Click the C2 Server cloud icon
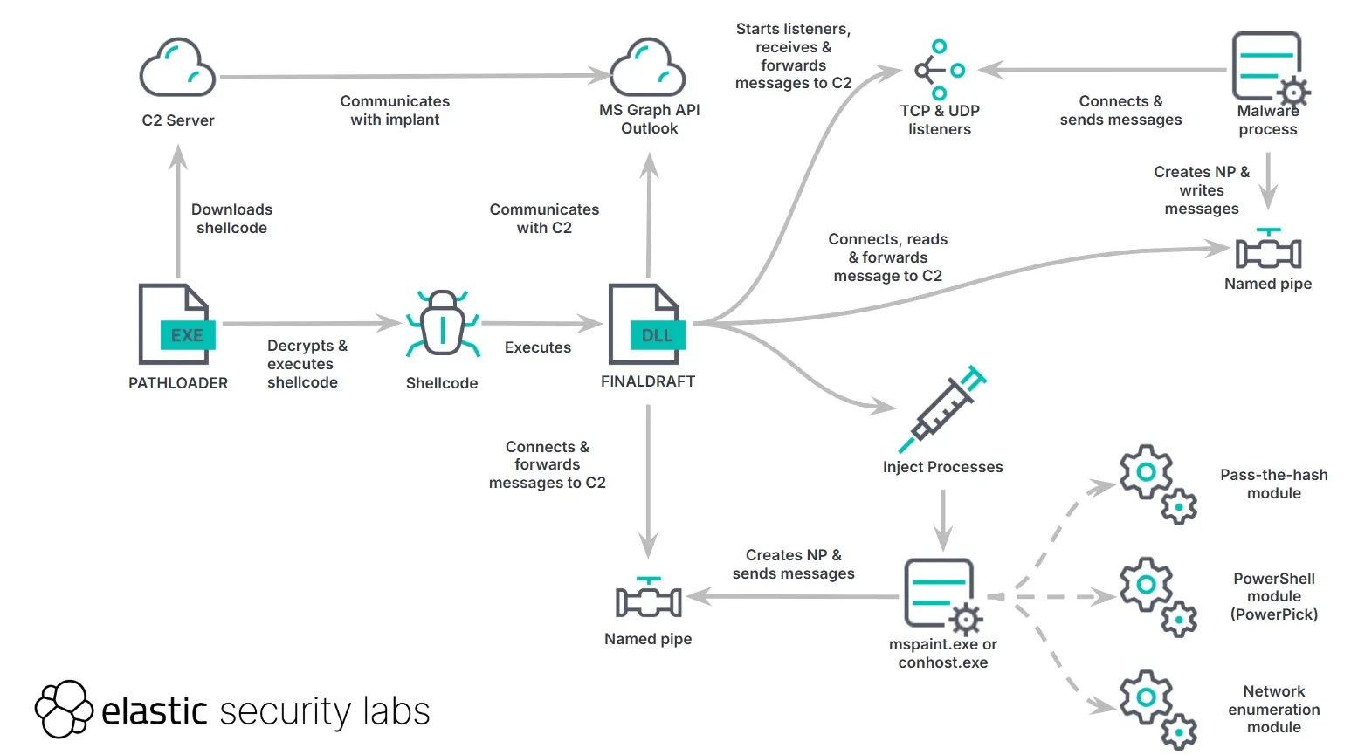177,67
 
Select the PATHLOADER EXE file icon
176,324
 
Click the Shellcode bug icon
443,324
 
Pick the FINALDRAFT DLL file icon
646,324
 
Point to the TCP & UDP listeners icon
939,70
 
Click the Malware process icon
1269,68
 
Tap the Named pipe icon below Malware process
1268,250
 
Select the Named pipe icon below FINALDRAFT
648,599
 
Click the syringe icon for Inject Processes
942,410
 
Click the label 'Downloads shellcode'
231,218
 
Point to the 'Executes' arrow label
537,347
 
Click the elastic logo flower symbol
63,709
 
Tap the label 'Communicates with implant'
395,111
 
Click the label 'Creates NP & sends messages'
793,564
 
